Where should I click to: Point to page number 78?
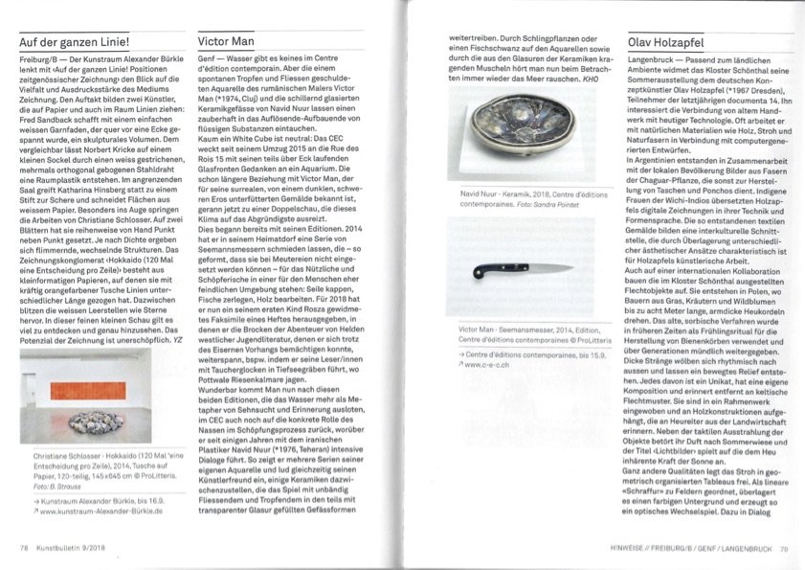tap(24, 548)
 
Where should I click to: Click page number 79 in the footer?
tap(783, 549)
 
